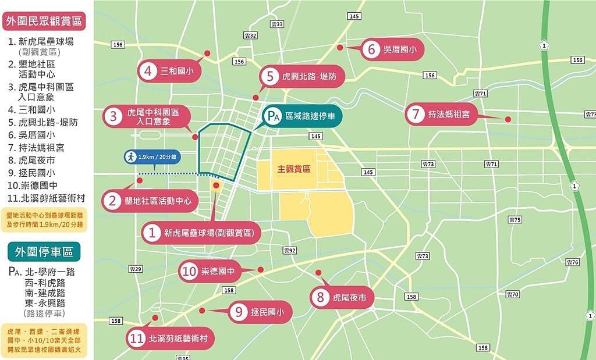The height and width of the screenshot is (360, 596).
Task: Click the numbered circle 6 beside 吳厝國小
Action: [371, 49]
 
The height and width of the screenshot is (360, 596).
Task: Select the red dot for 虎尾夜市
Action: [318, 273]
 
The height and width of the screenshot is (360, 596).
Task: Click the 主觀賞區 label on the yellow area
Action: [293, 169]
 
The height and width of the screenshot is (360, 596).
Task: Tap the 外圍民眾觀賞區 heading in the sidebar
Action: [44, 22]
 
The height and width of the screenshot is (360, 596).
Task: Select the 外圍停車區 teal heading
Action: [44, 252]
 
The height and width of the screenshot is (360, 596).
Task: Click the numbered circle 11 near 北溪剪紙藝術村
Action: [137, 340]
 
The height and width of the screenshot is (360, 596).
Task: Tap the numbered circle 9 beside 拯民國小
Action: [239, 313]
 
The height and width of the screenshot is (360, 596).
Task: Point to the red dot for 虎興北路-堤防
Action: [256, 98]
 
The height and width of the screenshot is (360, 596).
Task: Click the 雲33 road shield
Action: [277, 24]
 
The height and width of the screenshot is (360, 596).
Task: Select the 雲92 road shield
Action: [290, 250]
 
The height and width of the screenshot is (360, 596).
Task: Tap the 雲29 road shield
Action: [136, 269]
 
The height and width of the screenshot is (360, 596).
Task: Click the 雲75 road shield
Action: [515, 219]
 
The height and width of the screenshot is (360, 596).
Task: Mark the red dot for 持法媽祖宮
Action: [508, 119]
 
